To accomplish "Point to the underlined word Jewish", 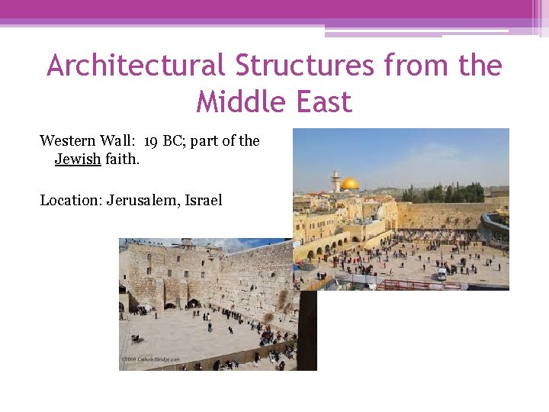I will [x=78, y=159].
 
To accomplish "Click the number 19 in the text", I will [x=151, y=140].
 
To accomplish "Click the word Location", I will [x=70, y=200].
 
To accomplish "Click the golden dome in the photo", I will [x=350, y=184].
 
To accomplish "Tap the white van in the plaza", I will [x=441, y=273].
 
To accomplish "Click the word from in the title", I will [x=416, y=66].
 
